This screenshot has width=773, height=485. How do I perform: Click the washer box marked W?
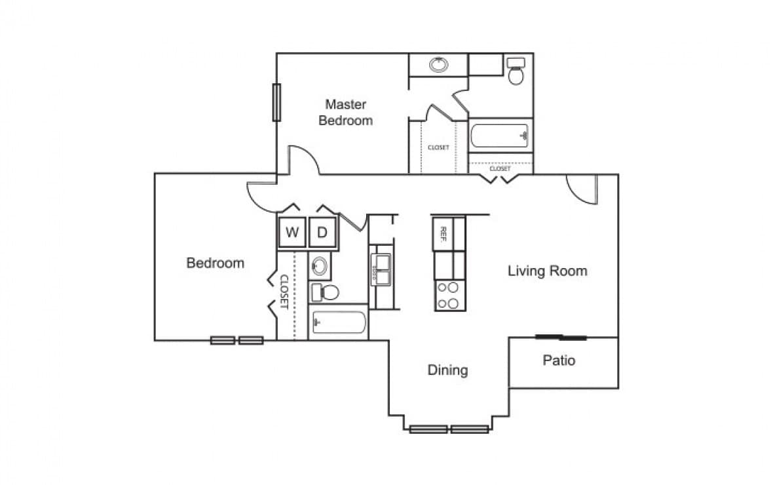(x=292, y=232)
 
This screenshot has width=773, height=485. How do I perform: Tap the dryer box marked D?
(x=322, y=232)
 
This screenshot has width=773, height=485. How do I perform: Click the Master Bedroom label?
(x=346, y=112)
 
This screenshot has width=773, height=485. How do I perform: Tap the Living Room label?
(x=547, y=271)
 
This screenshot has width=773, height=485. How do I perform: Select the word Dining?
(x=448, y=370)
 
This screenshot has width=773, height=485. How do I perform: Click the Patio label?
(x=559, y=360)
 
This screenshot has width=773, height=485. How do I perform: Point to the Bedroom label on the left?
(x=215, y=263)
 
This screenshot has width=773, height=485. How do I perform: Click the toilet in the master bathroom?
(x=516, y=71)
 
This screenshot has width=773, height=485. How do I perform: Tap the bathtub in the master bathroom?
(x=500, y=136)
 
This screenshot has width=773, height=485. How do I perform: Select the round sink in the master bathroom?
(x=438, y=65)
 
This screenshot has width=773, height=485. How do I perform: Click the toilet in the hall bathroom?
(x=324, y=292)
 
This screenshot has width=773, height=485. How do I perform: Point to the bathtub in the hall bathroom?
(x=339, y=322)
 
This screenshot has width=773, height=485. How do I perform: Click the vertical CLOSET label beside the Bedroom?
(x=284, y=292)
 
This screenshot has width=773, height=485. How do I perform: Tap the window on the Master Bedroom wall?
(x=276, y=102)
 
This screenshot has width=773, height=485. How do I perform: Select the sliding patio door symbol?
(x=561, y=338)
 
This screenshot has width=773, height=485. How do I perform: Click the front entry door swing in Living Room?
(x=583, y=190)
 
